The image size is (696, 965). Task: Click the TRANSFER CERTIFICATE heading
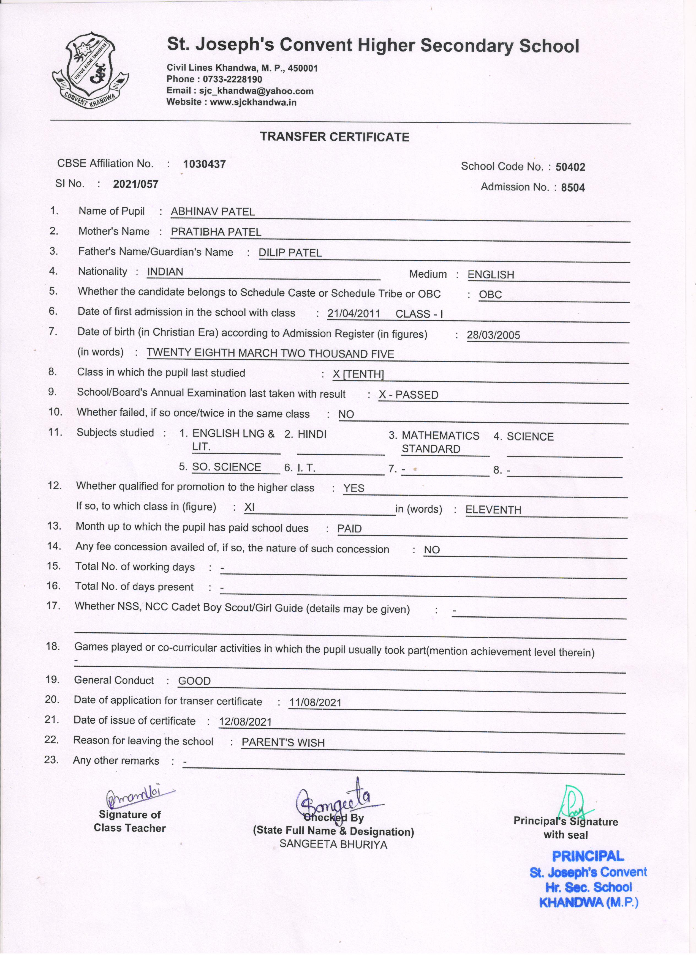pyautogui.click(x=335, y=137)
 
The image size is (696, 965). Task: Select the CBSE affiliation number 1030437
pyautogui.click(x=204, y=164)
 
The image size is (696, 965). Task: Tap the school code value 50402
pyautogui.click(x=570, y=167)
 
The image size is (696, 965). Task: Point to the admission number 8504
pyautogui.click(x=573, y=188)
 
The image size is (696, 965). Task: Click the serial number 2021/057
pyautogui.click(x=135, y=184)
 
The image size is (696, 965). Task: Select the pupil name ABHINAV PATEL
pyautogui.click(x=213, y=212)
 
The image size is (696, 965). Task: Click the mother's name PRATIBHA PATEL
pyautogui.click(x=216, y=232)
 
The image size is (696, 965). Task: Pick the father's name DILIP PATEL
pyautogui.click(x=290, y=253)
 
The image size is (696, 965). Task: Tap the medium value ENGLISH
pyautogui.click(x=491, y=275)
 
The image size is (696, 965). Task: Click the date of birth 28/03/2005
pyautogui.click(x=493, y=335)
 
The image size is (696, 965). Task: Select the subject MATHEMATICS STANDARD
pyautogui.click(x=440, y=442)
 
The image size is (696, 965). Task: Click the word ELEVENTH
pyautogui.click(x=493, y=510)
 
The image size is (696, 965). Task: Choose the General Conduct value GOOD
pyautogui.click(x=194, y=681)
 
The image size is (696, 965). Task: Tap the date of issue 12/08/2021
pyautogui.click(x=245, y=722)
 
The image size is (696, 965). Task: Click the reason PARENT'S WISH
pyautogui.click(x=283, y=742)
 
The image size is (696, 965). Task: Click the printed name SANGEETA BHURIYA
pyautogui.click(x=333, y=844)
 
